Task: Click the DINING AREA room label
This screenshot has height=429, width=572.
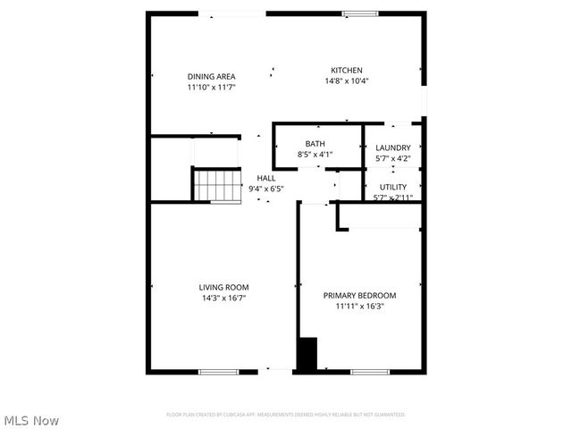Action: [211, 76]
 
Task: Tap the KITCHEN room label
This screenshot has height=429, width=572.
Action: [347, 71]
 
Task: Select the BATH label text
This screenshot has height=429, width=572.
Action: [315, 144]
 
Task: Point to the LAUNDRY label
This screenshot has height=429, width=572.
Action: [392, 147]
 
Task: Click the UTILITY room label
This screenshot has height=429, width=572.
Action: [392, 187]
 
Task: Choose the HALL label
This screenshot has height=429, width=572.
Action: [265, 178]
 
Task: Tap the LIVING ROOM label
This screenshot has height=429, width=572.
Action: [223, 287]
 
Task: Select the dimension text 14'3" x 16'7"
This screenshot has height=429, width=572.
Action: [223, 299]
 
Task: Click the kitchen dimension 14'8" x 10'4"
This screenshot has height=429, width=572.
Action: [347, 81]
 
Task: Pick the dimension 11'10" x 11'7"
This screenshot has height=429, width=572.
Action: [211, 88]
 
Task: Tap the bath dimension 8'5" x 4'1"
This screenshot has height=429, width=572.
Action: [315, 155]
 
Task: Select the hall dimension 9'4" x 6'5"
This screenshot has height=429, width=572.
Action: [265, 189]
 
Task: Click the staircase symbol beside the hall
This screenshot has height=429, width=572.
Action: [217, 186]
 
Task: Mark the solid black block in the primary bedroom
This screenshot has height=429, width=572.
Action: [307, 353]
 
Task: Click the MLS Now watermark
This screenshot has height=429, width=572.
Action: [31, 419]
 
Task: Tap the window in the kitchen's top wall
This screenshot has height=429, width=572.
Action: [358, 13]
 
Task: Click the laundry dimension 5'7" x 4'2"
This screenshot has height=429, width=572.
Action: [392, 159]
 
